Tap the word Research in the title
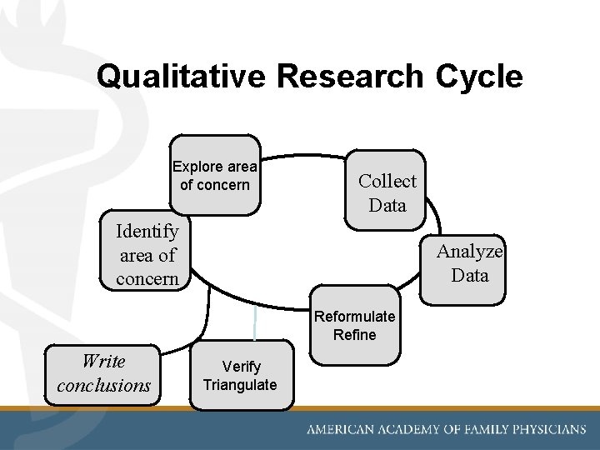(351, 77)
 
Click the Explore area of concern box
(215, 175)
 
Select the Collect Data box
(387, 192)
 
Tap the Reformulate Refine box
(355, 326)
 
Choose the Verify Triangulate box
(241, 376)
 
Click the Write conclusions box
(103, 373)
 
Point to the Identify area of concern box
(147, 254)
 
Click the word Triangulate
(240, 385)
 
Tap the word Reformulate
(355, 317)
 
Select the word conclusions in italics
(103, 386)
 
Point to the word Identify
(147, 231)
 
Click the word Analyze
(470, 251)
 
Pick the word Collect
(387, 181)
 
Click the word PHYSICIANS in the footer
(542, 430)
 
